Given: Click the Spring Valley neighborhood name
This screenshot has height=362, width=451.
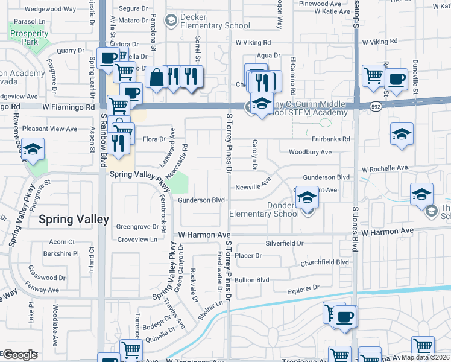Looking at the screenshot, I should pos(74,220).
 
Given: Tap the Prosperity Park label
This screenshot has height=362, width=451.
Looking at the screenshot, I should pos(29,37).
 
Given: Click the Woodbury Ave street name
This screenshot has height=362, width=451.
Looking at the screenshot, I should pos(310,152).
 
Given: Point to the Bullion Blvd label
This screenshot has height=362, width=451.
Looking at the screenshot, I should pos(252,280).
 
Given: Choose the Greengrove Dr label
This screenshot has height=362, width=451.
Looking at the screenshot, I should pos(137,227).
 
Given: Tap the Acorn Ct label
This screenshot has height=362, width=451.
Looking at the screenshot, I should pos(62,242).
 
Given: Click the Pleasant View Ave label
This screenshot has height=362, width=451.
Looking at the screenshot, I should pos(49,129).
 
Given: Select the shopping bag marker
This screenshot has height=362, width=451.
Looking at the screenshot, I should pos(156,77).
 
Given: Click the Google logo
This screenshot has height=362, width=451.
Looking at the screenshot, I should pos(20,355).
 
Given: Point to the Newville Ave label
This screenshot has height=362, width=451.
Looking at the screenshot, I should pos(253,186).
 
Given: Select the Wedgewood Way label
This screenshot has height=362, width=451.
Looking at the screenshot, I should pos(51,10).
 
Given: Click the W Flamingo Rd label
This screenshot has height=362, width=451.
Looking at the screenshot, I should pos(69,107).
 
